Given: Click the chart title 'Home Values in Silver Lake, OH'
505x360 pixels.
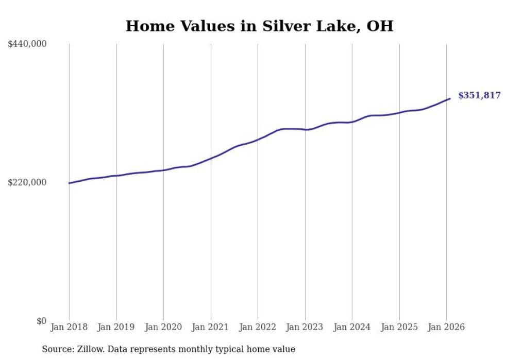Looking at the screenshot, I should [259, 26].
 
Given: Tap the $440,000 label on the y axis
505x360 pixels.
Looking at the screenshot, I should [27, 44].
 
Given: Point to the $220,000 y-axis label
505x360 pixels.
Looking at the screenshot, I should [27, 182].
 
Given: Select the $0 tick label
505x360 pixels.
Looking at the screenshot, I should [41, 321].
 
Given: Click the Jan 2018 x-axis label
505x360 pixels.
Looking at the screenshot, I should [69, 327].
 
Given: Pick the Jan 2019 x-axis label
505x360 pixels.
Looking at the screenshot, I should [116, 327].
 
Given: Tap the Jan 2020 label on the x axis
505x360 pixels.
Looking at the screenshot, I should [163, 327].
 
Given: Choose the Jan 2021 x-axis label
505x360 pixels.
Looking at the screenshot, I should [211, 327].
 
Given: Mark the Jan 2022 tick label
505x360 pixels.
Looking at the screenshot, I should [258, 327].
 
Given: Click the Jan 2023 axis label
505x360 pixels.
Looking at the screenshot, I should [305, 327].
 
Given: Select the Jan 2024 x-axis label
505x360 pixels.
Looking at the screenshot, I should [352, 327].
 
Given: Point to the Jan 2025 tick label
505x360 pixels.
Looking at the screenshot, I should [399, 327].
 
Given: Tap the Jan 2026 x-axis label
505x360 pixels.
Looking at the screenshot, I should [446, 327].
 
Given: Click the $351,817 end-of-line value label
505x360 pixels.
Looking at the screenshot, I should [479, 95].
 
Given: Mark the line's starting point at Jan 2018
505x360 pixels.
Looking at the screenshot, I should [69, 183].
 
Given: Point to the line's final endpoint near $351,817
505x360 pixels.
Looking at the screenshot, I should [450, 98].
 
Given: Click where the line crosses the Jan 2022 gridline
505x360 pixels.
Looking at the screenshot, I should [258, 139].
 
